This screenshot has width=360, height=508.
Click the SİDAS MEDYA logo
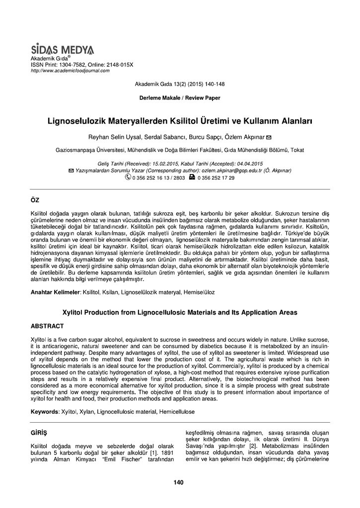(x=62, y=50)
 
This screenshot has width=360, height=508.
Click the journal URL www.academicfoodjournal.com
(x=70, y=70)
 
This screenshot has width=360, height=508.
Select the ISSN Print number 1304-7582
(x=72, y=65)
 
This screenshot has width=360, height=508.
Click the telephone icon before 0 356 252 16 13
(x=128, y=177)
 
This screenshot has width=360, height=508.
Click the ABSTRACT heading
(x=47, y=326)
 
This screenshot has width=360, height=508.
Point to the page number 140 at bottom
(x=179, y=483)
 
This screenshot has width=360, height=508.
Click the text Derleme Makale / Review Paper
(x=180, y=98)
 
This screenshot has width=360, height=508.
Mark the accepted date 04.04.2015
(x=248, y=164)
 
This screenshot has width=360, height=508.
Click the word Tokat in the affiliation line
(x=297, y=150)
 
